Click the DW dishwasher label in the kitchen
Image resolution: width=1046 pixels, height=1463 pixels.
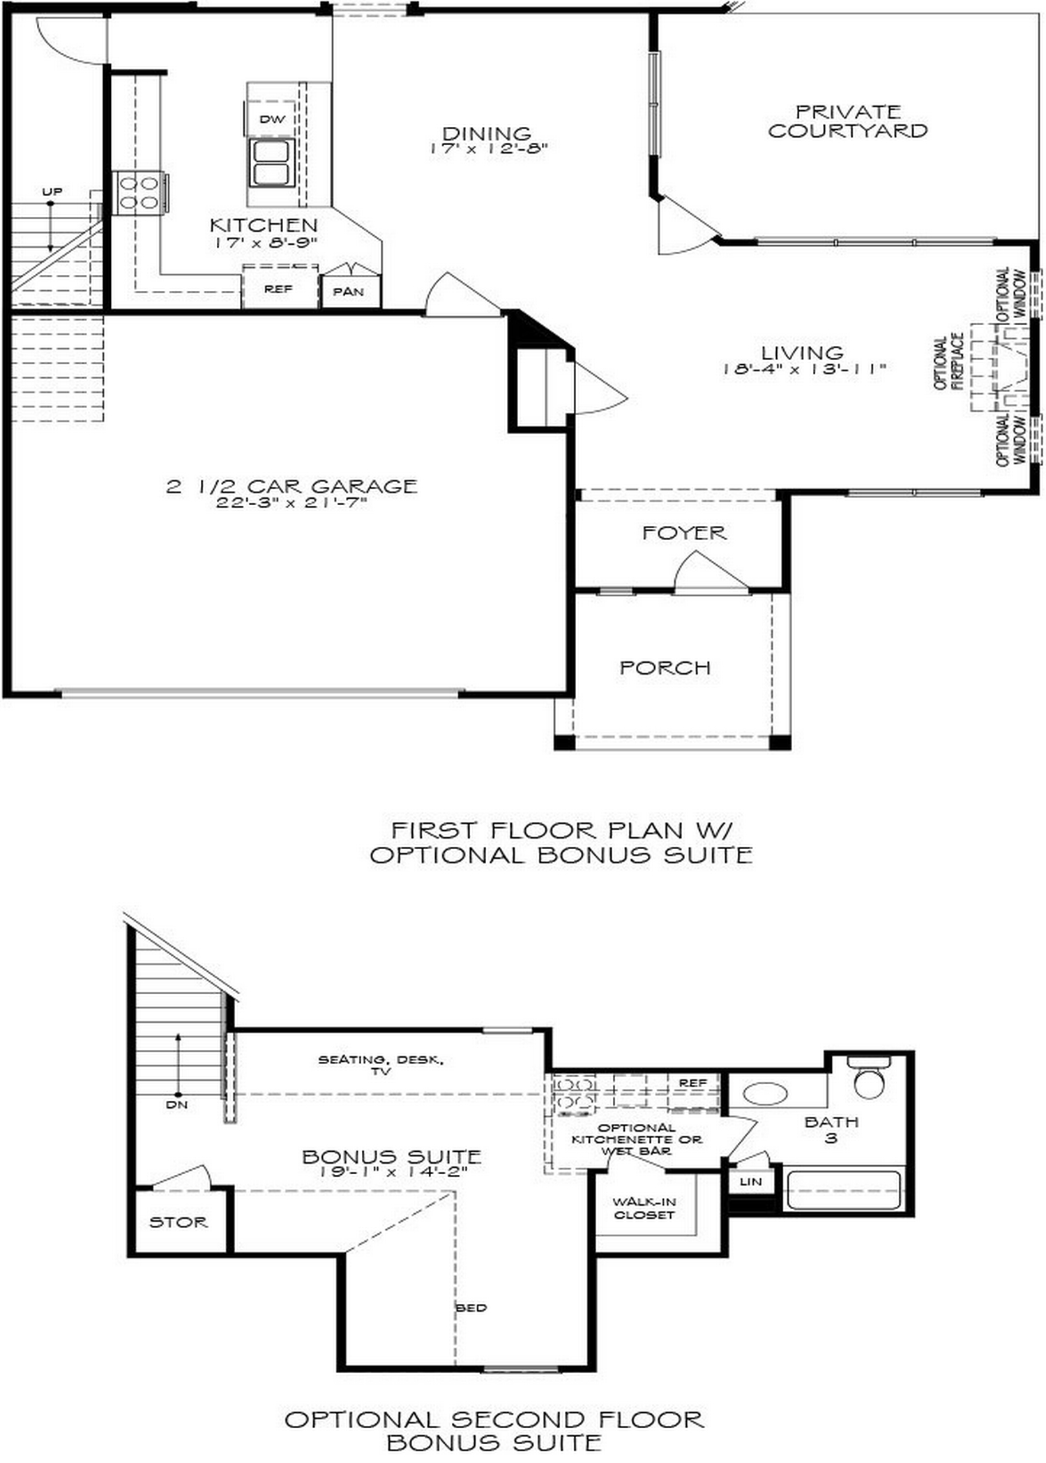(272, 119)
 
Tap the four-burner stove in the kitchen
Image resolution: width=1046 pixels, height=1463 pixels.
(139, 193)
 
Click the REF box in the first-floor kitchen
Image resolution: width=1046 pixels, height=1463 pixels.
(278, 288)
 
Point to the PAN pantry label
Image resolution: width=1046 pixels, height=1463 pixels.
(348, 292)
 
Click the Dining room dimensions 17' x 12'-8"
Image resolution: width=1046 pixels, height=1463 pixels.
(488, 149)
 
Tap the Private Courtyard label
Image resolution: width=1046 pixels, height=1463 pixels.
(847, 121)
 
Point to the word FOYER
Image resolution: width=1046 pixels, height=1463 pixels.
(684, 533)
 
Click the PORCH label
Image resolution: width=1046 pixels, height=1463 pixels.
(665, 668)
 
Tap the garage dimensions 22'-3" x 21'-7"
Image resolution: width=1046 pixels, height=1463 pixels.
(291, 502)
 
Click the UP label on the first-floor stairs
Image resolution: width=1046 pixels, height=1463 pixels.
(52, 192)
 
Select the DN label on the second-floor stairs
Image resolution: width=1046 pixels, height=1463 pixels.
(176, 1104)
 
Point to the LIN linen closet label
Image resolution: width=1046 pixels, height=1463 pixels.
(750, 1181)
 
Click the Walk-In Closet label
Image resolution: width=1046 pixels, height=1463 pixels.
(644, 1208)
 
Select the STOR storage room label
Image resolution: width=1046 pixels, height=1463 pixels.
(179, 1222)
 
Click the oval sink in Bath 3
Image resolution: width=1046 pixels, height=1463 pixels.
(765, 1093)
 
